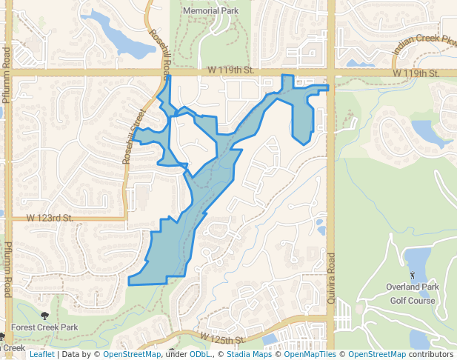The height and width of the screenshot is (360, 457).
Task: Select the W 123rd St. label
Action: click(x=50, y=218)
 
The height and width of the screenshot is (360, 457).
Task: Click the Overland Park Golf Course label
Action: click(x=413, y=293)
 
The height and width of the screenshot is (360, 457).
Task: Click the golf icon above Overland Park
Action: click(x=413, y=276)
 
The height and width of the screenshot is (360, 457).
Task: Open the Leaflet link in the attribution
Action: click(x=41, y=355)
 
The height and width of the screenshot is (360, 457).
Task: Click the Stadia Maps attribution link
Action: click(x=249, y=355)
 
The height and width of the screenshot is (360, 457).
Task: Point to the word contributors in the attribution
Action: click(x=431, y=355)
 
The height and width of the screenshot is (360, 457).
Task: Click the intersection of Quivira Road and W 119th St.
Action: click(x=331, y=73)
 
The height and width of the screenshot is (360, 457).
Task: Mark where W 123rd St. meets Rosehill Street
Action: click(x=126, y=219)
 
